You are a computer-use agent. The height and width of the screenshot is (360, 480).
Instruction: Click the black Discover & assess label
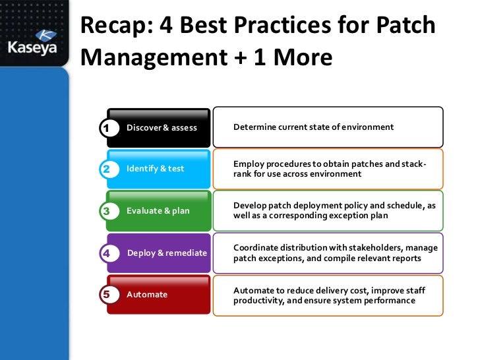[162, 127]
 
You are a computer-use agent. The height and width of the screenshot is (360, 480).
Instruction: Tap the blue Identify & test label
[156, 169]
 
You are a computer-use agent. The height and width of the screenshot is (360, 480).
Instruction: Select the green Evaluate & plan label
[158, 211]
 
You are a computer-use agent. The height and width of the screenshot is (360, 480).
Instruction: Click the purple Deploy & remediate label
[167, 253]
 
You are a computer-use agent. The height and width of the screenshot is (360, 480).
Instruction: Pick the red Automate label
[147, 295]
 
